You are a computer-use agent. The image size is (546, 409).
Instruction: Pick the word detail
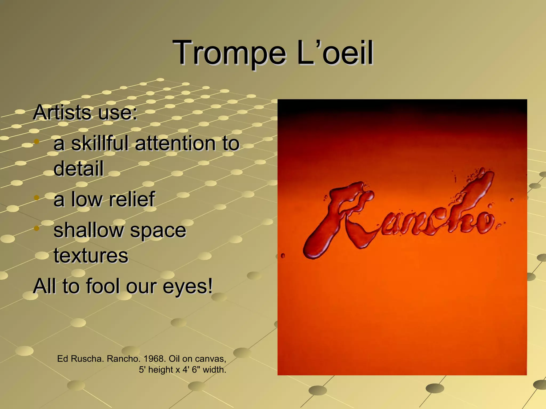(78, 168)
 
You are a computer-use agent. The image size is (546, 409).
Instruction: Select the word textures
(91, 256)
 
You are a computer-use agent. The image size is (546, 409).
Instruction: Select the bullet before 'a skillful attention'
(37, 141)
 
